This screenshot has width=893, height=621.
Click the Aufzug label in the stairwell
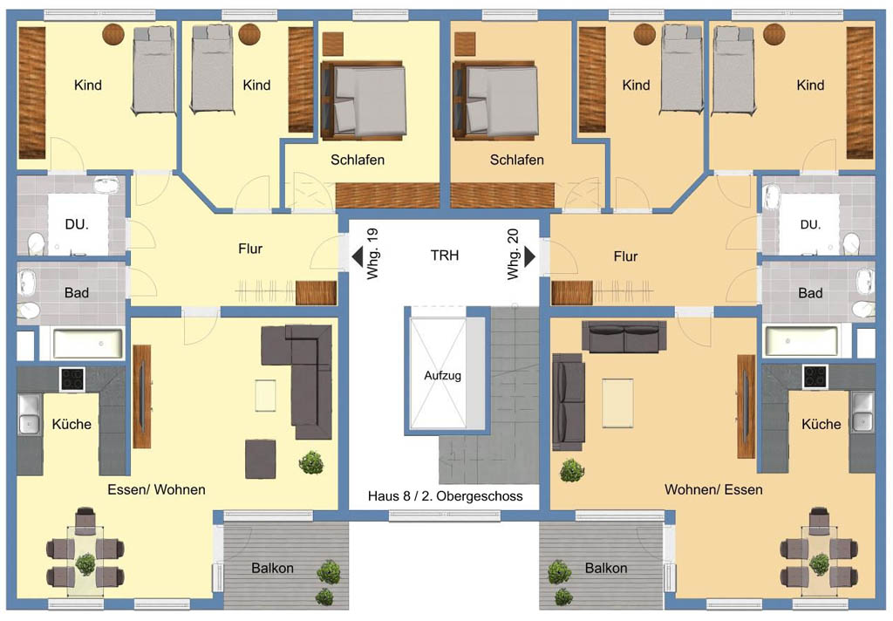[442, 375]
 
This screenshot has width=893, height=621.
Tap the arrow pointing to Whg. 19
[357, 256]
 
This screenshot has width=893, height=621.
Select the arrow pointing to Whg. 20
[529, 256]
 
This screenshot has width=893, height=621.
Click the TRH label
[444, 256]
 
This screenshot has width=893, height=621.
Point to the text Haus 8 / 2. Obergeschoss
[446, 496]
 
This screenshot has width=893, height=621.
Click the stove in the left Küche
[72, 379]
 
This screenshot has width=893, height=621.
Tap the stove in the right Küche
[815, 377]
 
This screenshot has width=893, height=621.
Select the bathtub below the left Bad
[88, 344]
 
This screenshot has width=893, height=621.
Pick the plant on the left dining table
[86, 563]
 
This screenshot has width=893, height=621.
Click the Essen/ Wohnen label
[157, 489]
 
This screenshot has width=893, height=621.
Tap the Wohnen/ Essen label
[713, 489]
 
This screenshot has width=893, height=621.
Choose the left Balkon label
[272, 568]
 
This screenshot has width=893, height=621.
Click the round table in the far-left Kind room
[113, 35]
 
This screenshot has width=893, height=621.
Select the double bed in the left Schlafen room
[363, 100]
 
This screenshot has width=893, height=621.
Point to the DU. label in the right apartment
[810, 224]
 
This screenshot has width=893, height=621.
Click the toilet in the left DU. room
[37, 243]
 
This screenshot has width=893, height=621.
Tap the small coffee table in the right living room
[617, 403]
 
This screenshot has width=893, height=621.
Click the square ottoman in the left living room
[260, 459]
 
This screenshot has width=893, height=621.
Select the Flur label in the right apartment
[625, 256]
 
